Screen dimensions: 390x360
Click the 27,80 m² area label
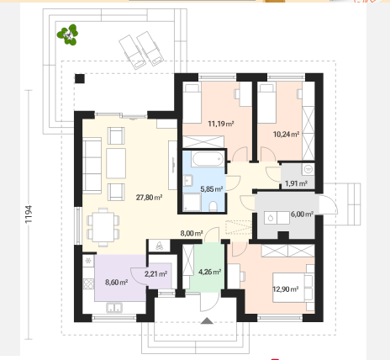[149, 198]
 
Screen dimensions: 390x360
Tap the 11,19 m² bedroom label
[221, 124]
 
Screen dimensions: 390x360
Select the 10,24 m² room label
[286, 135]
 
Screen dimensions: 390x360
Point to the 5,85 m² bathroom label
[212, 189]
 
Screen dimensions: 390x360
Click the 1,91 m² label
[296, 183]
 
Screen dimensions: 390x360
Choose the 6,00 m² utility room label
[302, 214]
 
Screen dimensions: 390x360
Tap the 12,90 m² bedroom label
[286, 289]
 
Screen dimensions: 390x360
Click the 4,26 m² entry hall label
[209, 272]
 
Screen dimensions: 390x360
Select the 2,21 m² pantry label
[155, 273]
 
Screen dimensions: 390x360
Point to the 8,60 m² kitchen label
[117, 282]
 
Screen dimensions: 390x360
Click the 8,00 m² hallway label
[192, 233]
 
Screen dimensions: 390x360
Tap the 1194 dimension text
[29, 214]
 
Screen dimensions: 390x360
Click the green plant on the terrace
[67, 34]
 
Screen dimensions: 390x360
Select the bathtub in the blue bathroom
[208, 159]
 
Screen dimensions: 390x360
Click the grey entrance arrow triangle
[207, 320]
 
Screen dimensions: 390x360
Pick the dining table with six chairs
[103, 227]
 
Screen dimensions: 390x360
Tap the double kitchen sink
[114, 308]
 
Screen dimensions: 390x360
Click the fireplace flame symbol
[159, 246]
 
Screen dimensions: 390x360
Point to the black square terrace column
[80, 78]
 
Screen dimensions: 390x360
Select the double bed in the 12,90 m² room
[293, 288]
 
